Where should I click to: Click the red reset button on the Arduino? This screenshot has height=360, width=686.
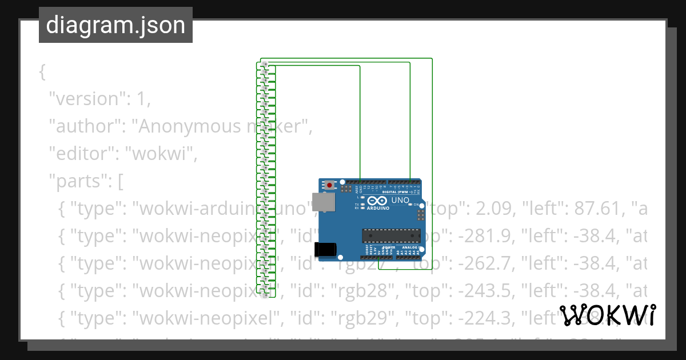(x=330, y=185)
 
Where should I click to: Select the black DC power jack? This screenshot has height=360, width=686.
(x=324, y=249)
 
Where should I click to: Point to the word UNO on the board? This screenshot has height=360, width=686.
(x=400, y=201)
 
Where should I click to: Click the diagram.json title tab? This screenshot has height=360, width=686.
(x=115, y=25)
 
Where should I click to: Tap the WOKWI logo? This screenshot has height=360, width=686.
(x=607, y=315)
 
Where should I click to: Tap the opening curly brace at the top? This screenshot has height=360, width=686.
(x=42, y=72)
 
